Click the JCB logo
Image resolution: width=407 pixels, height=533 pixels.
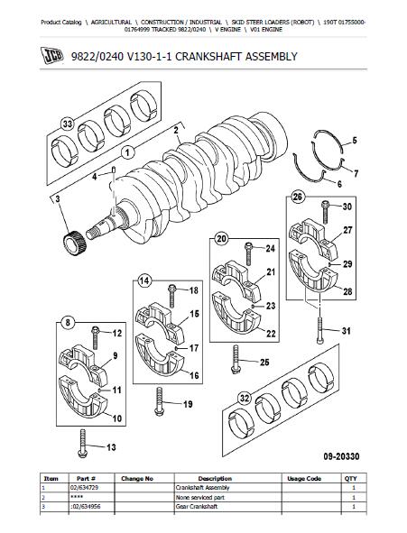click(52, 56)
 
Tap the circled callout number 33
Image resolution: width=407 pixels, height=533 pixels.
click(68, 124)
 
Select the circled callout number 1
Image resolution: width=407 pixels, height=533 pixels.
click(128, 153)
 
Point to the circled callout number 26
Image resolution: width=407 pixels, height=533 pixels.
click(297, 197)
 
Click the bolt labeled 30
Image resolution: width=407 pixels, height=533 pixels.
click(326, 212)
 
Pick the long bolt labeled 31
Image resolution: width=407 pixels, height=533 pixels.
click(320, 330)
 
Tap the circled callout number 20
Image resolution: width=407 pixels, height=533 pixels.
click(221, 239)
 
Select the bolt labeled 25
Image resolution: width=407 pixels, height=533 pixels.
click(236, 359)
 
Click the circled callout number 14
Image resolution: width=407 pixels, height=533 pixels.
click(144, 280)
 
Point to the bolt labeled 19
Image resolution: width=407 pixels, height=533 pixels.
click(159, 401)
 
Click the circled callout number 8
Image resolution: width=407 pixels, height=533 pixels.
click(68, 322)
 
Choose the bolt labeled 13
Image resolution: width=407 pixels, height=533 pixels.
click(82, 444)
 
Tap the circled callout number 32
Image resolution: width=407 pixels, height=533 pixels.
click(245, 399)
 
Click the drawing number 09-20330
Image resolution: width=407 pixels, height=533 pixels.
click(341, 456)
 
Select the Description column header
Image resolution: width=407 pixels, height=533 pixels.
click(215, 478)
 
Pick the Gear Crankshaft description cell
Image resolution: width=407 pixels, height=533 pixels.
click(197, 507)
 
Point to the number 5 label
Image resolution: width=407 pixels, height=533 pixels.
click(354, 140)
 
